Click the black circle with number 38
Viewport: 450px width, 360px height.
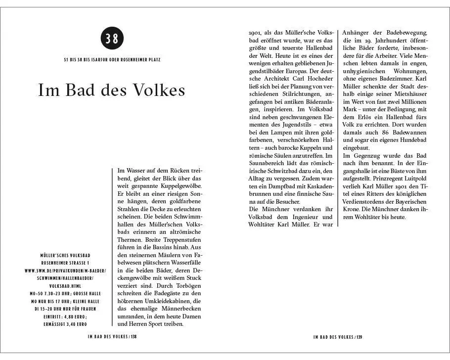pyautogui.click(x=112, y=39)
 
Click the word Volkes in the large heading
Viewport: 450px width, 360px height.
pyautogui.click(x=158, y=91)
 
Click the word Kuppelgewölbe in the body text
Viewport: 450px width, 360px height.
pyautogui.click(x=176, y=185)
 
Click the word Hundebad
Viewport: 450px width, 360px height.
pyautogui.click(x=413, y=141)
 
